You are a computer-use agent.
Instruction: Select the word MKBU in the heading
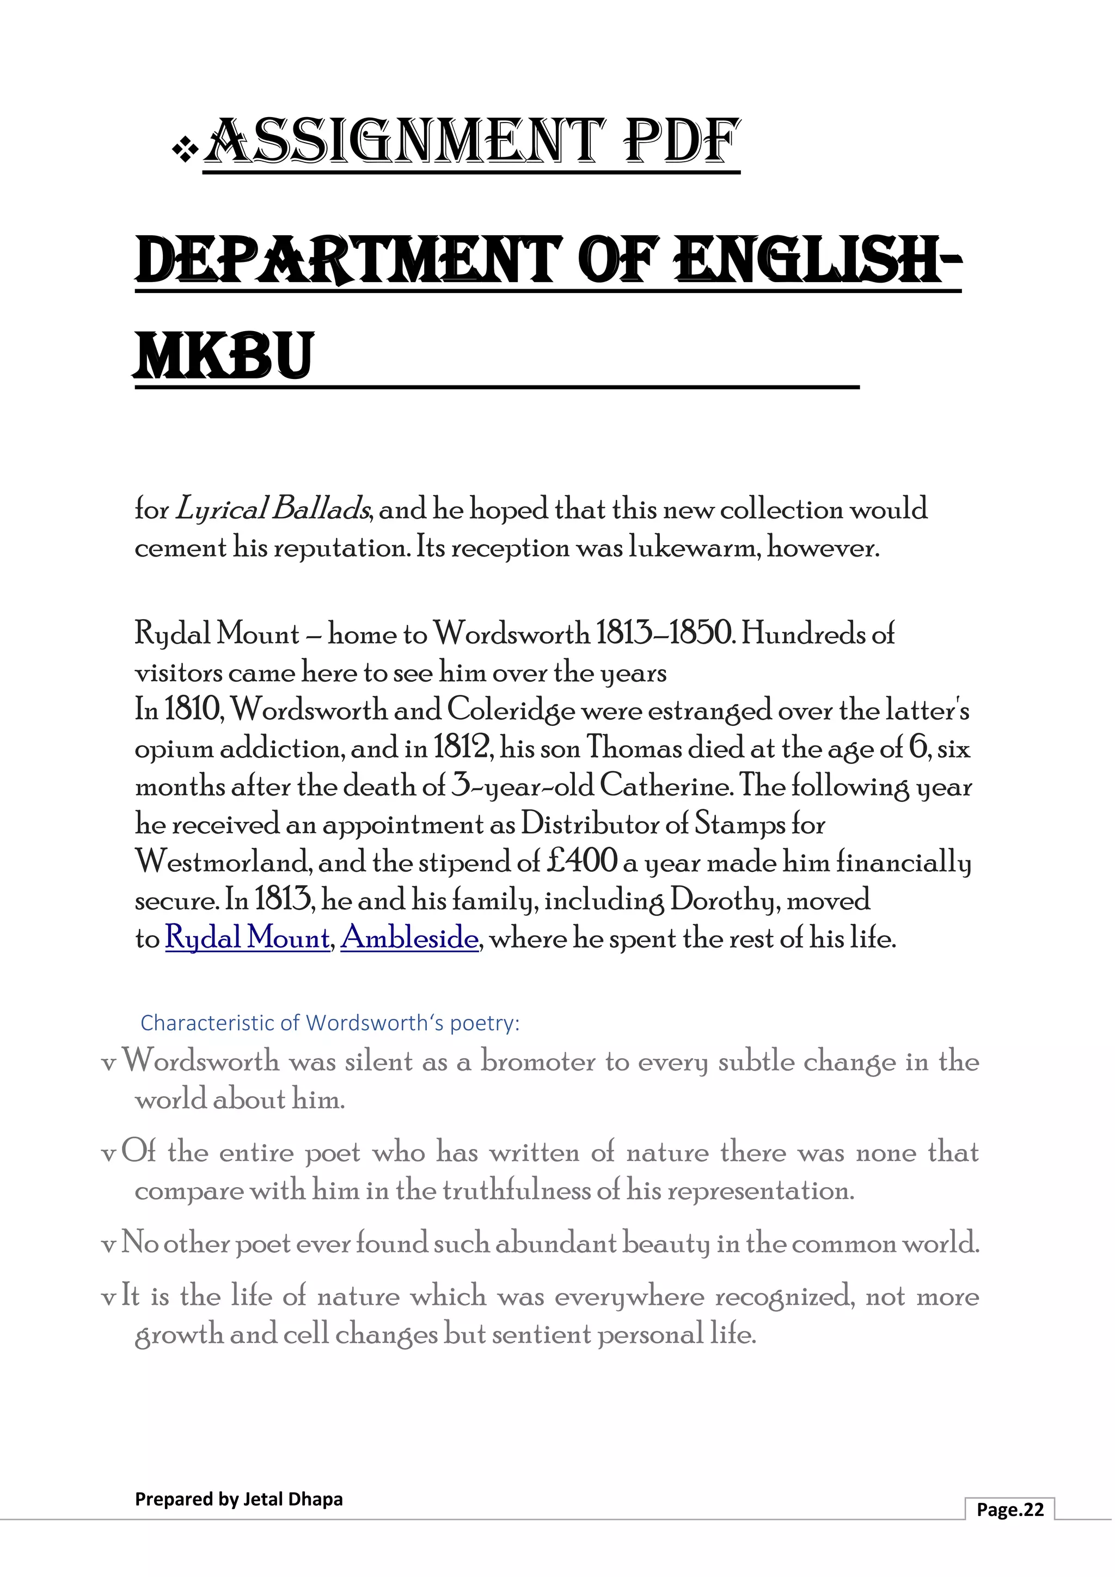click(224, 357)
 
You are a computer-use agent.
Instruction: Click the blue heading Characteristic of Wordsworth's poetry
click(329, 1023)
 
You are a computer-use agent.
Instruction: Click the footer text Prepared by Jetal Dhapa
click(238, 1499)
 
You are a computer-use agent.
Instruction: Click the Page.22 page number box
click(1009, 1509)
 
